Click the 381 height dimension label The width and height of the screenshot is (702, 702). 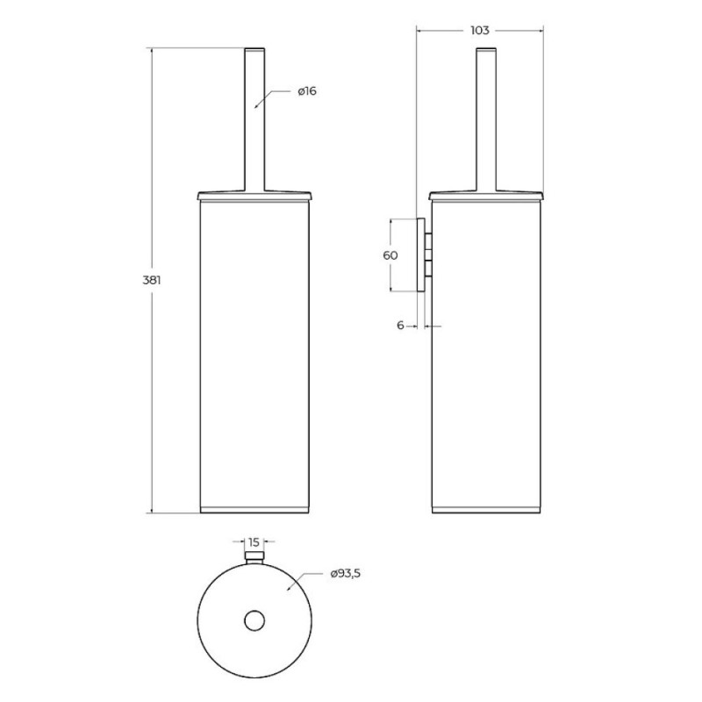click(151, 281)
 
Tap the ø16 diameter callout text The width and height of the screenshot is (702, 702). click(307, 91)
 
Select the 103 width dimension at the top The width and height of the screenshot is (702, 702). click(480, 31)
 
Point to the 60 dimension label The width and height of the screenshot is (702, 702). click(390, 255)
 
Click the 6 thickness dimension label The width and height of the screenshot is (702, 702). click(400, 326)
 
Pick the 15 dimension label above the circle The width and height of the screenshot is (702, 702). click(254, 542)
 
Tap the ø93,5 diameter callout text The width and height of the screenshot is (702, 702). click(346, 574)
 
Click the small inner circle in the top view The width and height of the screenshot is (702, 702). click(254, 621)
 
